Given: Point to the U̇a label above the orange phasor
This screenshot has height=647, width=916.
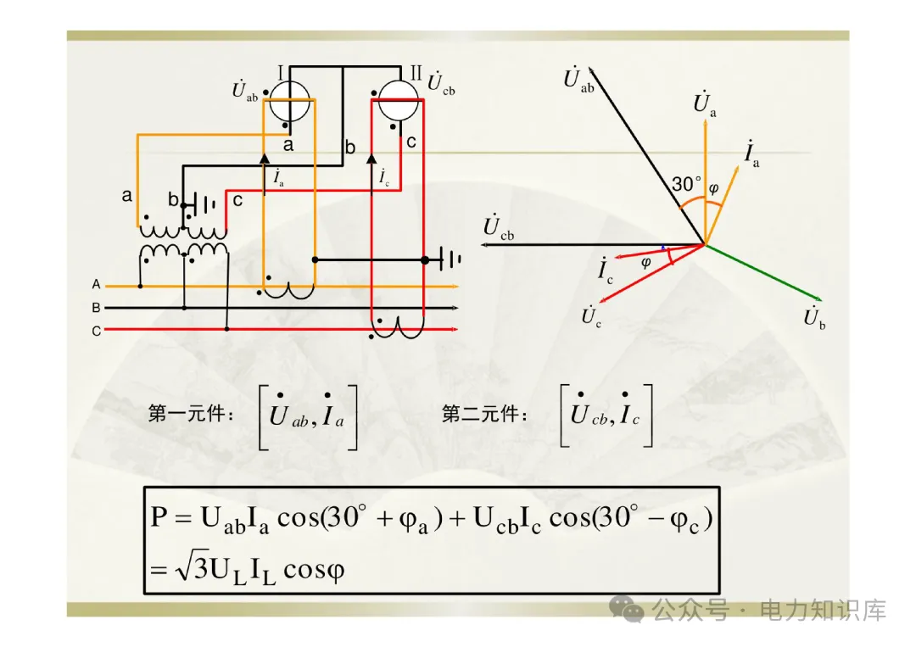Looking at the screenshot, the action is (x=704, y=104).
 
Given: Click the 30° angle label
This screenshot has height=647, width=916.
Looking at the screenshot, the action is (x=687, y=184).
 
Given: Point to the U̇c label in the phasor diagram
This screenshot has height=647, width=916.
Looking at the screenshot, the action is (x=591, y=318).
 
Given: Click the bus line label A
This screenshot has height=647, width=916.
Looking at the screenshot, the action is (x=97, y=285).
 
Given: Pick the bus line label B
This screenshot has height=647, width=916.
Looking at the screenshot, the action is (x=97, y=308).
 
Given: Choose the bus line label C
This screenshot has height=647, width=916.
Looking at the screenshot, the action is (x=97, y=331).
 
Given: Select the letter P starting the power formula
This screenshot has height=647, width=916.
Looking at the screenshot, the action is (x=159, y=517).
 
